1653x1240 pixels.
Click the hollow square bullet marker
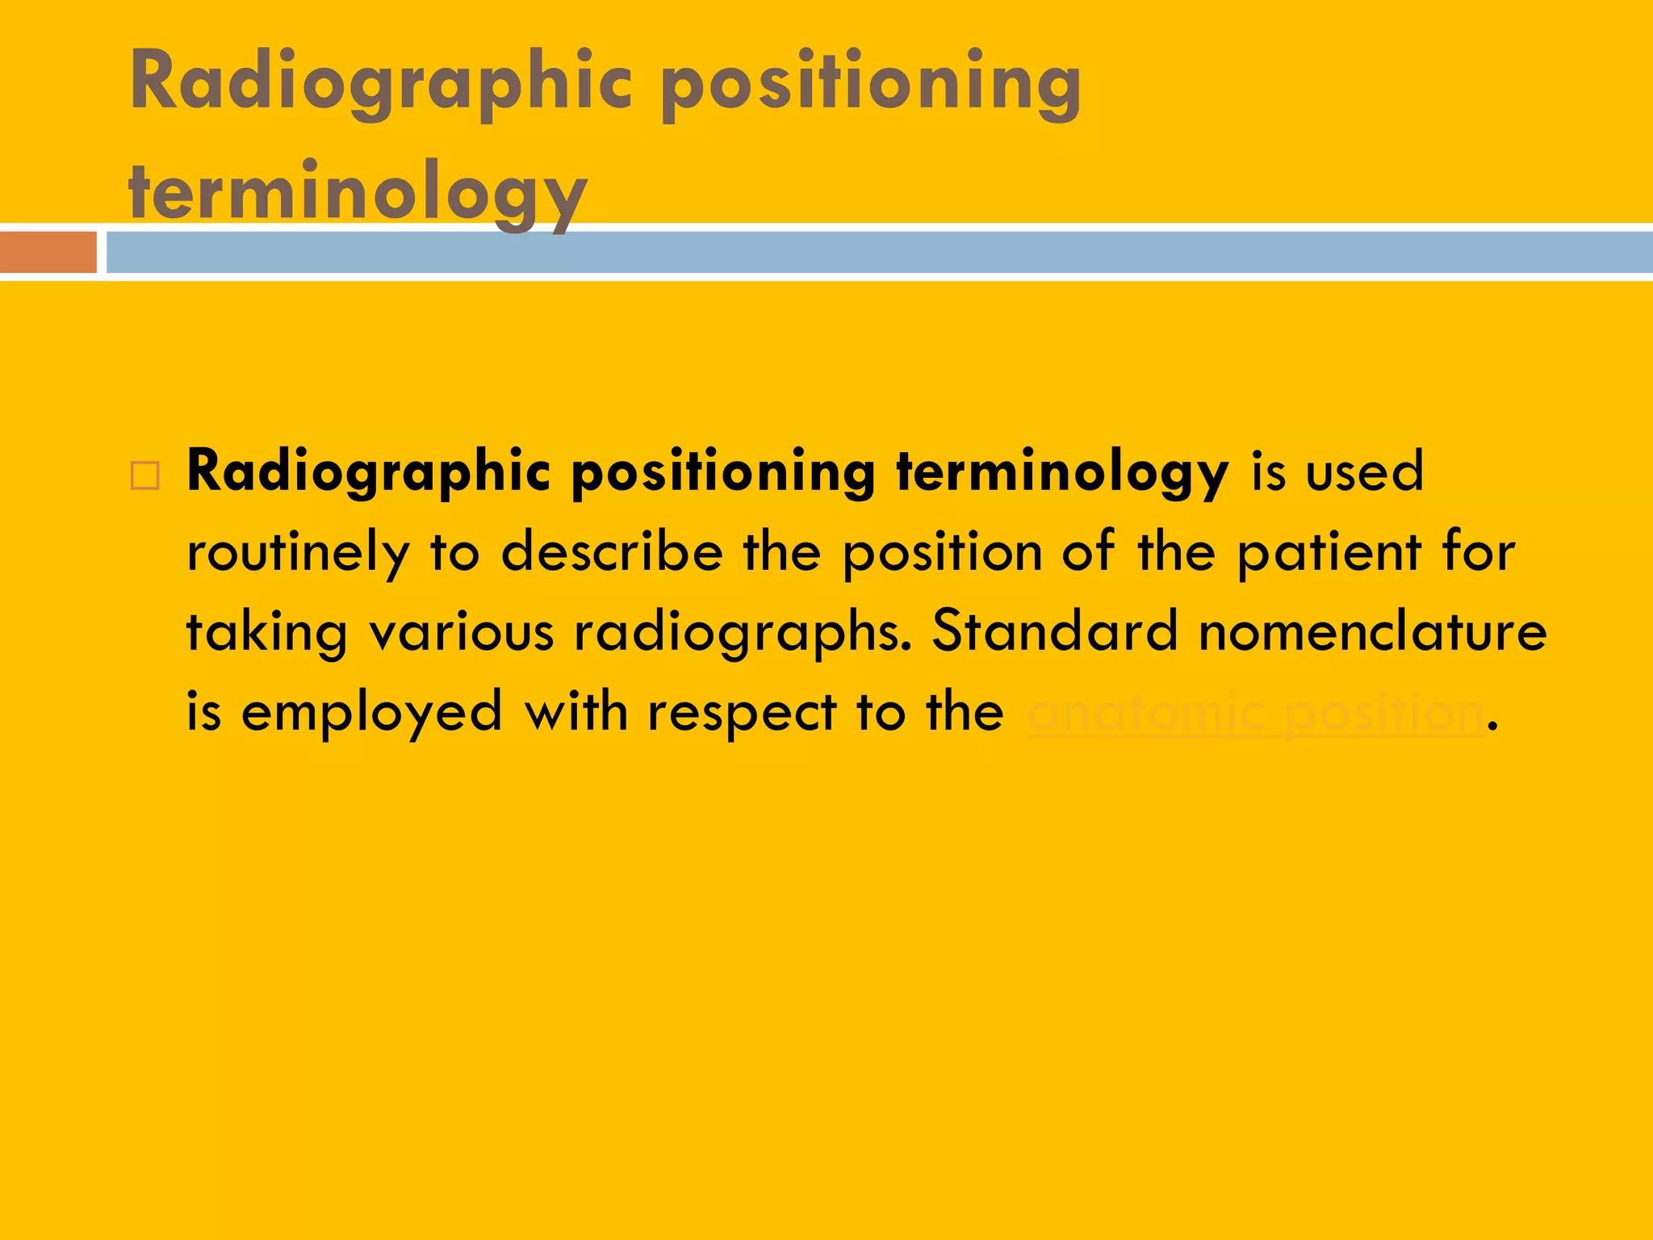(x=145, y=475)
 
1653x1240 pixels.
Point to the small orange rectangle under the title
(x=48, y=252)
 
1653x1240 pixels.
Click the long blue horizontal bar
(x=880, y=252)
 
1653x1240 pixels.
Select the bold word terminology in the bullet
(x=1062, y=473)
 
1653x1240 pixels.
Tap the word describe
(x=612, y=552)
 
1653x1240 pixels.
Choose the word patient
(x=1329, y=552)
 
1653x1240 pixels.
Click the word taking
(x=266, y=633)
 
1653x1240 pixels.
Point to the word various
(x=462, y=631)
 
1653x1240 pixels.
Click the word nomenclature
(x=1373, y=631)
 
